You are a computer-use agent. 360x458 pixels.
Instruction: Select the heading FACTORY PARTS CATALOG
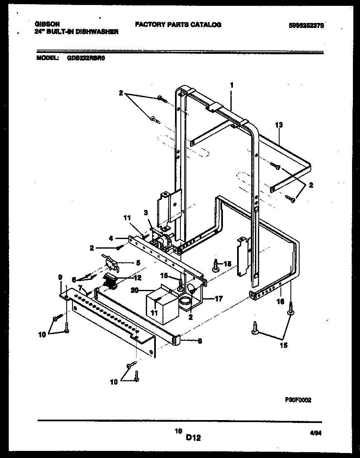coord(178,25)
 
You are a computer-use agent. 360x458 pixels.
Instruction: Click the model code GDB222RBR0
coord(86,59)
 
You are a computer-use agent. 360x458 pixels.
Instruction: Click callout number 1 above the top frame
coord(231,85)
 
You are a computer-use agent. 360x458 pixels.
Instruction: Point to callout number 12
coord(137,277)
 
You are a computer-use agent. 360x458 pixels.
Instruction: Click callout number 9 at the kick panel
coord(60,276)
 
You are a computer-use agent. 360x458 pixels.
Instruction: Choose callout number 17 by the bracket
coord(219,299)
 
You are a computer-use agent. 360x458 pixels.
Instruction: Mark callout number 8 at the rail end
coord(200,340)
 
